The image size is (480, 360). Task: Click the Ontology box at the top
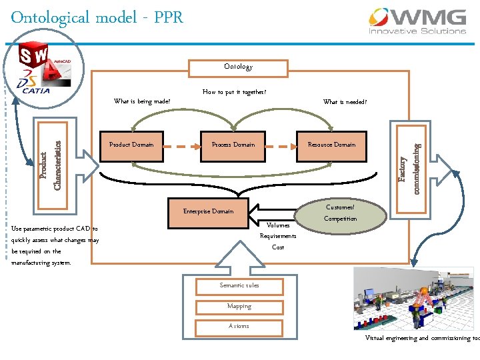[x=238, y=67]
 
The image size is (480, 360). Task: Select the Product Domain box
[x=131, y=145]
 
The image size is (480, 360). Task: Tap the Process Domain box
[x=233, y=145]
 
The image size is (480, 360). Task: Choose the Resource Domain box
[x=331, y=145]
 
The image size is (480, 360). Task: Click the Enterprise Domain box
[x=208, y=211]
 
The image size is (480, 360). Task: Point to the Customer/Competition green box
[x=340, y=213]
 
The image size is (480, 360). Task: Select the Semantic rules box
[x=239, y=286]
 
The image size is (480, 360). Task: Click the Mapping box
[x=239, y=307]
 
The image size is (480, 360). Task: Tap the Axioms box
[x=239, y=326]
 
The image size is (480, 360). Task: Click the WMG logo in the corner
[x=418, y=21]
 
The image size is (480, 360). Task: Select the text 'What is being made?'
[x=142, y=102]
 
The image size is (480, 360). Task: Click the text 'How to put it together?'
[x=234, y=92]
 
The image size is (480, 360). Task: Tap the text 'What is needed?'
[x=345, y=102]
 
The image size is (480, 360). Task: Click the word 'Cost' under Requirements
[x=278, y=247]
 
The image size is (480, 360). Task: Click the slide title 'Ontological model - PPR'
[x=97, y=17]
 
